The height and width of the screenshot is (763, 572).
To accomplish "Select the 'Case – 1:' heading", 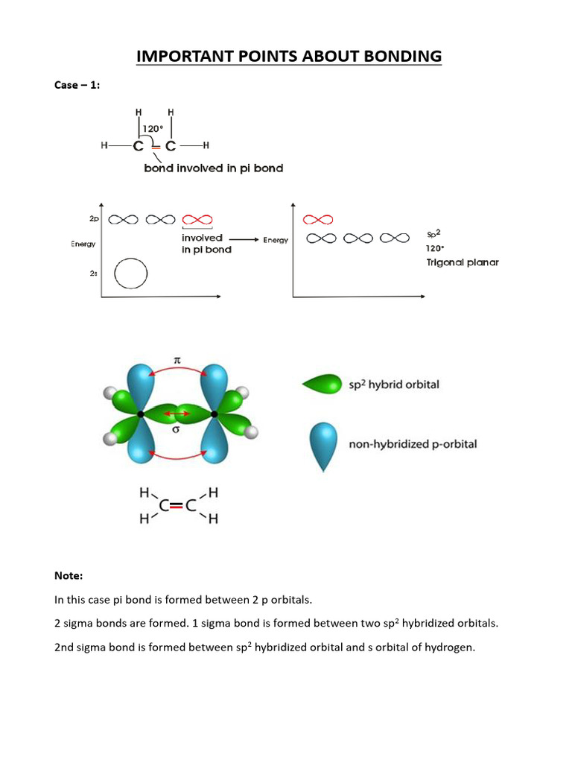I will click(77, 86).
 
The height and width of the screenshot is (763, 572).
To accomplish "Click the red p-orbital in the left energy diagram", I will click(197, 220).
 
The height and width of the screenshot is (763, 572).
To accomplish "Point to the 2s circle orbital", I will click(131, 273).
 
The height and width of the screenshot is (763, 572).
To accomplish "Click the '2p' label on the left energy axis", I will click(92, 220).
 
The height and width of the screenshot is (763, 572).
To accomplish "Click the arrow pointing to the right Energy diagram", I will click(244, 240).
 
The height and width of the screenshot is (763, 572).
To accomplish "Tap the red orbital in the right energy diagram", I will click(318, 220).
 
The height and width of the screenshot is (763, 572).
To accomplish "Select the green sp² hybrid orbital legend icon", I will click(322, 384).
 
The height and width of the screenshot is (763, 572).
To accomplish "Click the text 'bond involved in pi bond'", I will click(213, 168).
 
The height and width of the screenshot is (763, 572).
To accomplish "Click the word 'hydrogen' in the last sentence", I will click(449, 648).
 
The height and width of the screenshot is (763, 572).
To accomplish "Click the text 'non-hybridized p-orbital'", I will click(413, 445).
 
